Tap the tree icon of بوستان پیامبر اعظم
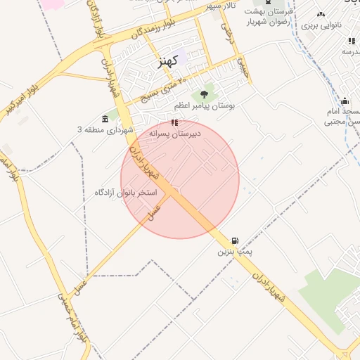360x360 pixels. [x=205, y=93]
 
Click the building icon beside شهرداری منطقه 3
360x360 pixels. [x=105, y=117]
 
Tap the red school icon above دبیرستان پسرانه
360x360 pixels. [x=174, y=122]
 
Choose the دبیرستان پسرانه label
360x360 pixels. [x=175, y=133]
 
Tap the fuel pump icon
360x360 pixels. [x=234, y=240]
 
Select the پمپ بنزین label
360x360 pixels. [x=234, y=251]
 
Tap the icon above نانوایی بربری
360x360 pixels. [x=321, y=13]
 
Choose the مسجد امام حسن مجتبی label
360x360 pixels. [x=342, y=117]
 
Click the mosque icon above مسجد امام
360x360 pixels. [x=345, y=101]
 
